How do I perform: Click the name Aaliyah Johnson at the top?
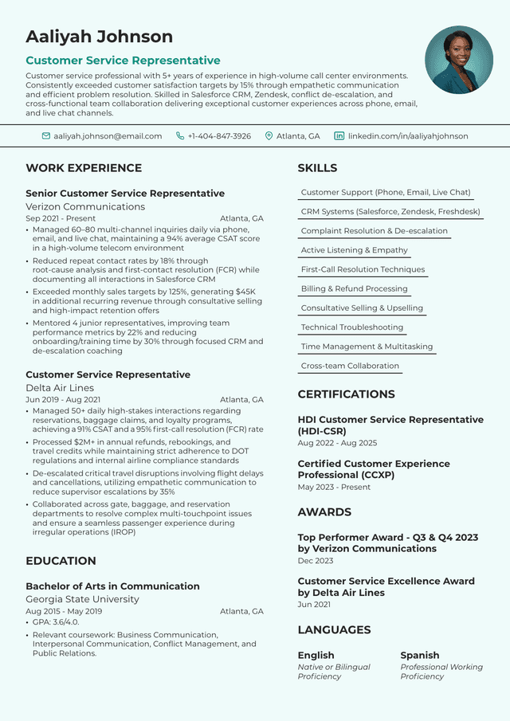pos(99,37)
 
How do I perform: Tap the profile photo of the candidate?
pos(459,60)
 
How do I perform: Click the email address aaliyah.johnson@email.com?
pos(108,136)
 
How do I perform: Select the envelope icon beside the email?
pos(46,136)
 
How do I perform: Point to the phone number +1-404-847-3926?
pos(219,136)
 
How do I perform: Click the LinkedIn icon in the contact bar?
pos(339,136)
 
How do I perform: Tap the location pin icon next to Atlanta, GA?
pos(269,136)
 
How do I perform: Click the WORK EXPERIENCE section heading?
pos(84,168)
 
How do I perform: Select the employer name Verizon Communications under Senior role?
pos(85,207)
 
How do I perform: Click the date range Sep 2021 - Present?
pos(61,218)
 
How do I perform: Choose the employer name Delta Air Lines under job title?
pos(60,388)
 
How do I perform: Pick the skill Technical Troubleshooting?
pos(351,327)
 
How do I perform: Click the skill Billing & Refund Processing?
pos(354,289)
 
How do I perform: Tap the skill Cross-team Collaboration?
pos(350,366)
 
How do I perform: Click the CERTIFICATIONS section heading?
pos(346,394)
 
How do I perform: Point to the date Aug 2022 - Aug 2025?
pos(337,443)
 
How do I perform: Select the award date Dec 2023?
pos(316,561)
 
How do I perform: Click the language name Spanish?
pos(419,656)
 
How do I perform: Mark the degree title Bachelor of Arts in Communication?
pos(112,586)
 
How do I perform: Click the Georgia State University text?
pos(82,599)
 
